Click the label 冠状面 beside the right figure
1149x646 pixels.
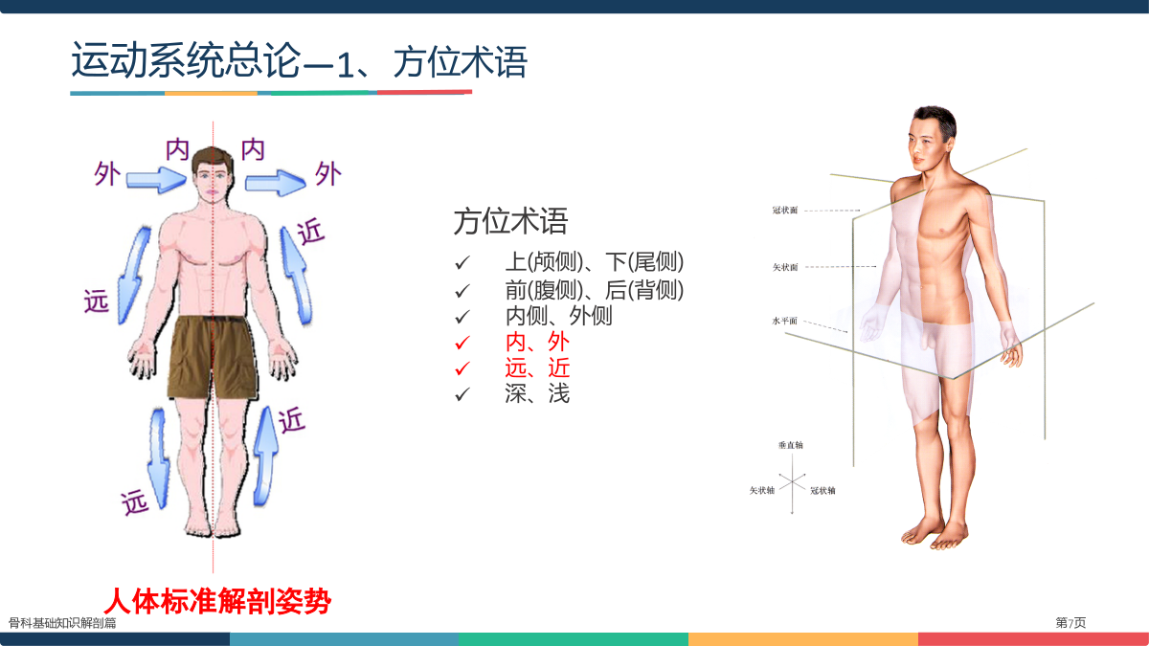point(785,211)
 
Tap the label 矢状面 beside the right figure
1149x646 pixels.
point(785,267)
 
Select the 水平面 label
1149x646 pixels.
point(785,321)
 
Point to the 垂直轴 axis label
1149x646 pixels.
point(791,445)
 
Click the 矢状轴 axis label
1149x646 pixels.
point(762,491)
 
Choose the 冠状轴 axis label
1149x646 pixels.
point(822,491)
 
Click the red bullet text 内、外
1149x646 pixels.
point(537,342)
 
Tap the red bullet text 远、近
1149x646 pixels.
point(537,368)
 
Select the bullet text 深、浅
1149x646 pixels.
point(537,393)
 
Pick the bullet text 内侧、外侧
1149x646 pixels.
point(559,315)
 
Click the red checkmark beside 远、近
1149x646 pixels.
point(462,368)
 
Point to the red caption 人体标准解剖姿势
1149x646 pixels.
point(217,601)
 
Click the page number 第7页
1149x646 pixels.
point(1070,622)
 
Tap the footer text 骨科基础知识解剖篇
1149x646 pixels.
point(62,623)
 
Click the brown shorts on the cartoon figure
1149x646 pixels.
point(213,357)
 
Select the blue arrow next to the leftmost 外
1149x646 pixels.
point(156,180)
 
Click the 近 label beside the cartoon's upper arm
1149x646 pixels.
point(311,232)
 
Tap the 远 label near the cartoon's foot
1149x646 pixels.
point(134,501)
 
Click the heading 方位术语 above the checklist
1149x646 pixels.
point(511,221)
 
